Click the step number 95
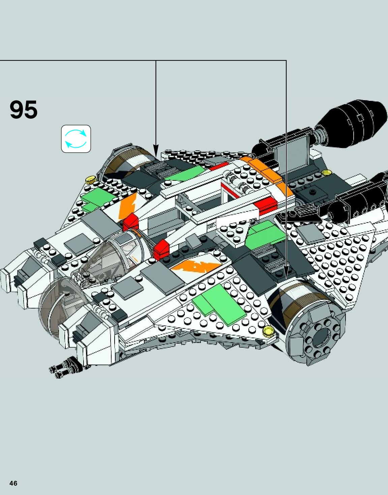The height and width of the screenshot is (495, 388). point(24,110)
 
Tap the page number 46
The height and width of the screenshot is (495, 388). point(13,483)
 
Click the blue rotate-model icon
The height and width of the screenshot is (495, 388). point(76,139)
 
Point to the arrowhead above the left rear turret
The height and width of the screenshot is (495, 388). point(156,150)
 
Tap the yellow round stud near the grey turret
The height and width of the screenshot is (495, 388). point(268,331)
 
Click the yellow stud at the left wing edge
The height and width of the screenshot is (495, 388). point(90,179)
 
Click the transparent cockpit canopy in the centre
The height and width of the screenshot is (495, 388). point(115,256)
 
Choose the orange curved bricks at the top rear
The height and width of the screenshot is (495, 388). point(266,171)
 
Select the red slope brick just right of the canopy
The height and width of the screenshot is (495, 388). point(161,250)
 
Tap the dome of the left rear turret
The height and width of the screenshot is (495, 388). point(125,162)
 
